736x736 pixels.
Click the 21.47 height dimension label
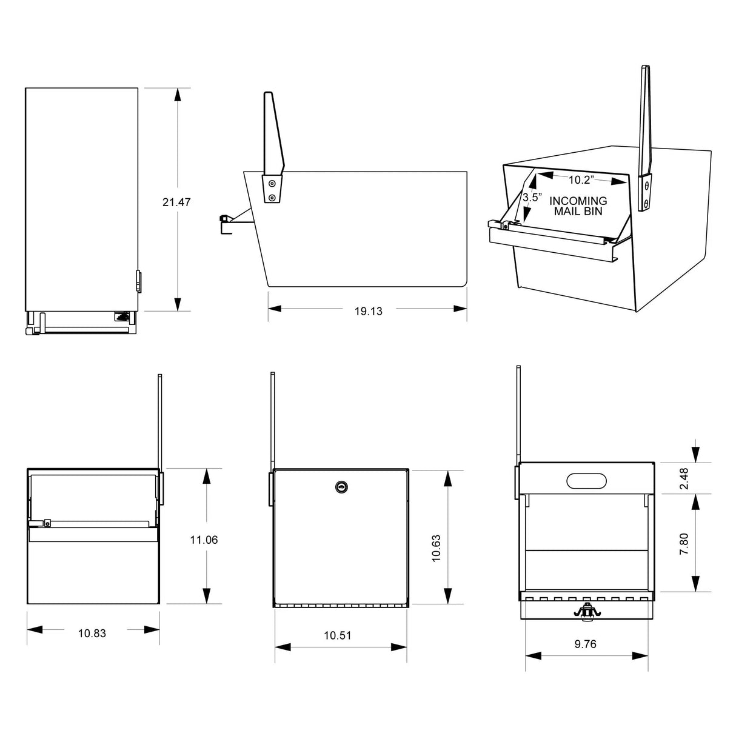click(176, 202)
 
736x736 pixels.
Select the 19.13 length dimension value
click(368, 311)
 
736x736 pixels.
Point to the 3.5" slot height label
click(531, 198)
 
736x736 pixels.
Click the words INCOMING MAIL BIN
click(578, 206)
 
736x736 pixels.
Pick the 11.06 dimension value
click(204, 540)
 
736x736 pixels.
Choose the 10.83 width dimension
click(92, 633)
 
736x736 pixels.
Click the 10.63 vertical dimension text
click(436, 548)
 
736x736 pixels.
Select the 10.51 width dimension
click(338, 635)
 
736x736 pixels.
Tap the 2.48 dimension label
click(684, 478)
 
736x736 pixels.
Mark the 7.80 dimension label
click(684, 544)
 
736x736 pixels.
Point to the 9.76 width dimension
click(585, 644)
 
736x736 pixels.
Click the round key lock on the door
click(341, 486)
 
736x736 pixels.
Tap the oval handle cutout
click(586, 480)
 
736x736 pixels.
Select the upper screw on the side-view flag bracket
click(272, 183)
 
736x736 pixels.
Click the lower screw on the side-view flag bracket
click(272, 198)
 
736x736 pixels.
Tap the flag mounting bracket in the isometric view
click(646, 193)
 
